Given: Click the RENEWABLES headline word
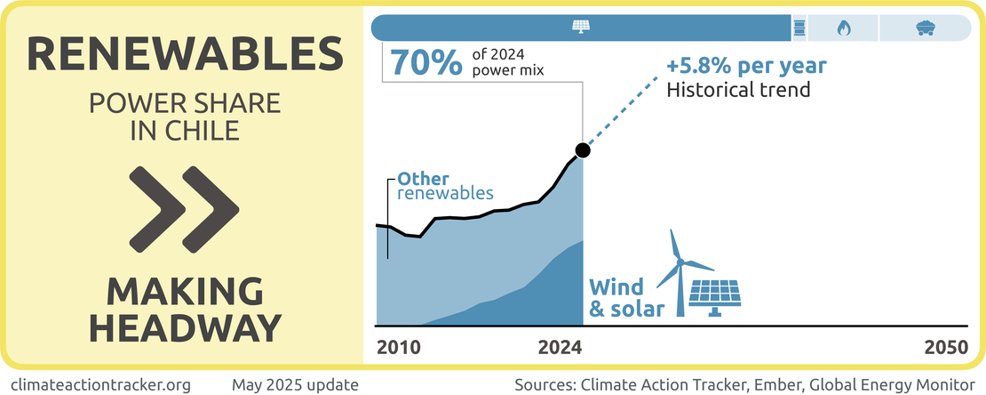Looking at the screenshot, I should (x=185, y=56).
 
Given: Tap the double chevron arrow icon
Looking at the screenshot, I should (x=185, y=206).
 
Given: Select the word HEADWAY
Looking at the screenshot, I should (x=185, y=327).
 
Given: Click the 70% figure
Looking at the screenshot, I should (x=426, y=63).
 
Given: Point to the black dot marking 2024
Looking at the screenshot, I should (x=582, y=149).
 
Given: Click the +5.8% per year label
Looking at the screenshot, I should (x=747, y=67).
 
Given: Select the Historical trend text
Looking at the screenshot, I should (x=739, y=90).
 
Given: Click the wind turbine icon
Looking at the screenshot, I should (x=682, y=271).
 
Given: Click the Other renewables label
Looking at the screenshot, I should (x=445, y=185).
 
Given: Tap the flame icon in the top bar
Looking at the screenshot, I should (x=844, y=28).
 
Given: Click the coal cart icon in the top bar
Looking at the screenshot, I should (x=924, y=28).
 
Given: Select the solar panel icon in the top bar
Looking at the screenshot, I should (x=581, y=27).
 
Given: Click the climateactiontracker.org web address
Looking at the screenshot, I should (x=103, y=385).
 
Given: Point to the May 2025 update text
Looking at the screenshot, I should (x=295, y=385).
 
